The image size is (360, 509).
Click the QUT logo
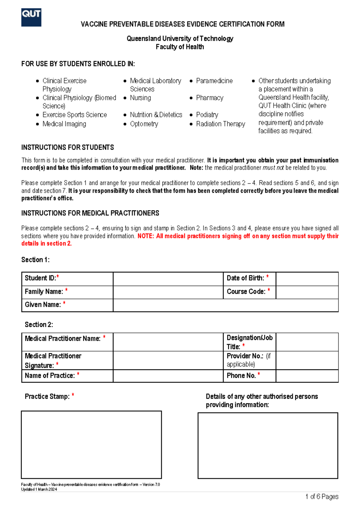31,17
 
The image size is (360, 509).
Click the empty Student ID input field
168,279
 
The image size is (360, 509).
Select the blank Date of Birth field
307,279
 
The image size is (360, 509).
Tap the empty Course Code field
307,292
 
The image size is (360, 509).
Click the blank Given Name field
226,305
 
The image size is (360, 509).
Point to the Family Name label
44,292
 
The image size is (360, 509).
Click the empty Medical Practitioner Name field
168,342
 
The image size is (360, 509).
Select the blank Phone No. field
307,376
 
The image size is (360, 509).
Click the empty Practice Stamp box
91,444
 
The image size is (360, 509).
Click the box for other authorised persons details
268,445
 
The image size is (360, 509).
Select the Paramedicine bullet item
214,81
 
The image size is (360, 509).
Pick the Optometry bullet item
144,124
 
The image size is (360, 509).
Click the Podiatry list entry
207,115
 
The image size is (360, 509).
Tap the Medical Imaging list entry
64,124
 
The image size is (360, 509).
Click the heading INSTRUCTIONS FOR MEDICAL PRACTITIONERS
90,213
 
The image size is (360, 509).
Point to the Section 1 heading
35,260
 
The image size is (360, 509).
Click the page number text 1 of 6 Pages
322,497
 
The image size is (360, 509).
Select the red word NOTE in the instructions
145,236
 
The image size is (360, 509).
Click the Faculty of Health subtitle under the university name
180,47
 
